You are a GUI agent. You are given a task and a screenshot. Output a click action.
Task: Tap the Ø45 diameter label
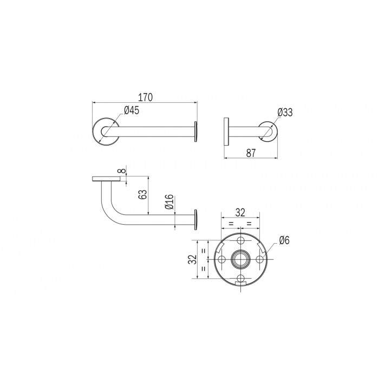(x=132, y=110)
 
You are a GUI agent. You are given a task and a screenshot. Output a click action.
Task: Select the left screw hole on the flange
(x=221, y=259)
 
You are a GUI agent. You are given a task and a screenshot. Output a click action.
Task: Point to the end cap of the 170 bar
(x=195, y=132)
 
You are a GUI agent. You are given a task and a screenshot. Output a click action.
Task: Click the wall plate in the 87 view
(x=226, y=132)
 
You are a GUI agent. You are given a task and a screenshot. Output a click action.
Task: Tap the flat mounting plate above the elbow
(x=107, y=179)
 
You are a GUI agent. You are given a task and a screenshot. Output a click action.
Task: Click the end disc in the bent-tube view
(x=195, y=219)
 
